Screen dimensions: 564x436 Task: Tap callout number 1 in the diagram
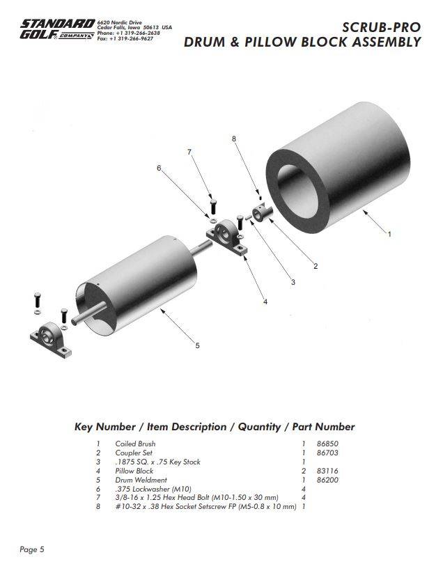click(389, 234)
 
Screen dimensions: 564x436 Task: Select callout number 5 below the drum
click(197, 345)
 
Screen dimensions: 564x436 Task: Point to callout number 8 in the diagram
click(234, 139)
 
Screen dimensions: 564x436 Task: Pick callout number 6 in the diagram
click(159, 168)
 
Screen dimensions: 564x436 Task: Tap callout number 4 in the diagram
click(265, 301)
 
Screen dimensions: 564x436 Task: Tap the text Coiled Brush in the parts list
click(135, 444)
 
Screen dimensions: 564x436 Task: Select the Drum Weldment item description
click(141, 480)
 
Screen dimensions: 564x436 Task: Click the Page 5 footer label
click(32, 549)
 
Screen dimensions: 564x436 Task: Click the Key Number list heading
click(215, 427)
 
